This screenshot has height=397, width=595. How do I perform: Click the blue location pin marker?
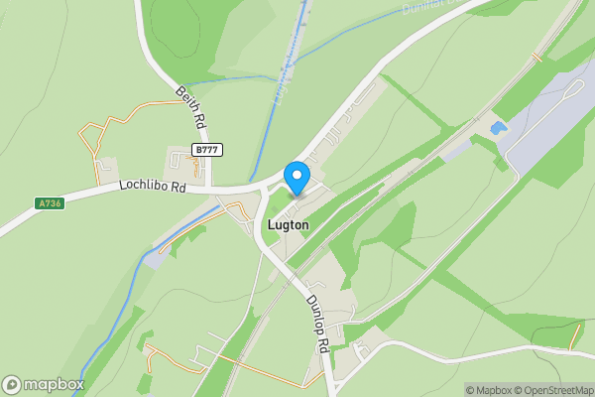(296, 178)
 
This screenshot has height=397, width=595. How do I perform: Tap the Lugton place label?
(288, 225)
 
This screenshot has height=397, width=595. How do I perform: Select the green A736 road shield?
(49, 203)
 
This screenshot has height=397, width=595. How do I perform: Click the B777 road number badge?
(207, 150)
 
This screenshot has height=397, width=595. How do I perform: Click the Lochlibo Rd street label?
(153, 186)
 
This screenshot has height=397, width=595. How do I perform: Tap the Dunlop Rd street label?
(317, 325)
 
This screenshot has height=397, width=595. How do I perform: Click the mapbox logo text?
(55, 384)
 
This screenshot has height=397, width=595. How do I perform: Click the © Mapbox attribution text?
(489, 390)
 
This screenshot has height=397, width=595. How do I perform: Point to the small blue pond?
(497, 128)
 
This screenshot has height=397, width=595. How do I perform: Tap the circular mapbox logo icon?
(12, 384)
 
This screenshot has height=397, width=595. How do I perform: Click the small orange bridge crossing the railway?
(536, 58)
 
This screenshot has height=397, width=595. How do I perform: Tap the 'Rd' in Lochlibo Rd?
(178, 186)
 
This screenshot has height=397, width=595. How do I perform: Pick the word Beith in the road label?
(185, 99)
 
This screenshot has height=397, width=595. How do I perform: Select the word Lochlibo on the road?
(144, 186)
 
